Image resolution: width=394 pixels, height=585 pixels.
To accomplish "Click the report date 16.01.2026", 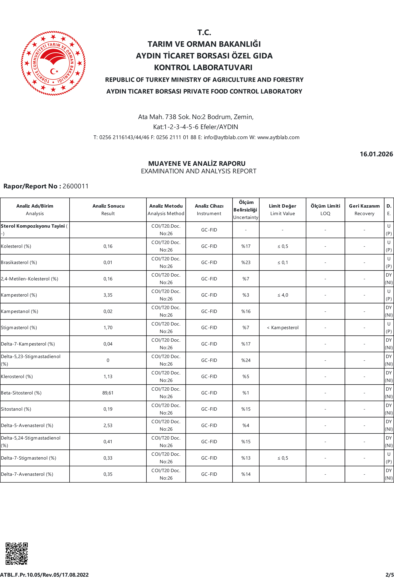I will click(x=376, y=154).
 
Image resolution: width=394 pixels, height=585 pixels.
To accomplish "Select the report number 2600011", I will click(x=76, y=186).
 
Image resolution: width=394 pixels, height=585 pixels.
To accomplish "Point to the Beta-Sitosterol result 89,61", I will click(x=108, y=393).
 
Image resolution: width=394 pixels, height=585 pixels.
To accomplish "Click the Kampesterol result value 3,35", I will click(x=108, y=295).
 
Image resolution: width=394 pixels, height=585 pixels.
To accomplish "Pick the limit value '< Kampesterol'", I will click(x=283, y=327).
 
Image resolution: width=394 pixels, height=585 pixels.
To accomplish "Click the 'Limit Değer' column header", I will click(x=282, y=209).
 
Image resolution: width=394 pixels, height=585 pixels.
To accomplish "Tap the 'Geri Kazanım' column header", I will click(x=364, y=209).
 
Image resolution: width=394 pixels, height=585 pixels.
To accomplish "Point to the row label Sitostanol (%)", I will click(x=16, y=409).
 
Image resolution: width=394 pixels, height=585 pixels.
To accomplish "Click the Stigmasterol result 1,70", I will click(x=108, y=327).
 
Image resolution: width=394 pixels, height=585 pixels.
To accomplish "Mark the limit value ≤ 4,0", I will click(x=283, y=295).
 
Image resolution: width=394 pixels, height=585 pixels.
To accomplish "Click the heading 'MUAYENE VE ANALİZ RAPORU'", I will click(x=197, y=163).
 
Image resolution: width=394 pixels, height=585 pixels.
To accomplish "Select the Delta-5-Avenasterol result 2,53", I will click(x=108, y=425).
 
